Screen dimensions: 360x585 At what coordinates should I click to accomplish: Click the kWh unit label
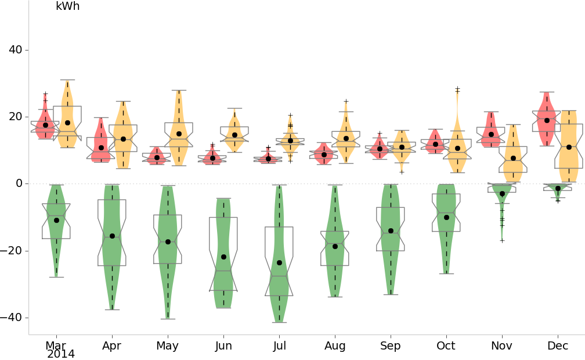67,7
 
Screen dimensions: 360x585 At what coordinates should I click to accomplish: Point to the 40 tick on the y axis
16,50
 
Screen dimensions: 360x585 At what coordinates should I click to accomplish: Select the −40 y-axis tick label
12,318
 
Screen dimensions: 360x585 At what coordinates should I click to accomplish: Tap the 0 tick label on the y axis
19,183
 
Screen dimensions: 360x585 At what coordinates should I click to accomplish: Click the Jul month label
279,346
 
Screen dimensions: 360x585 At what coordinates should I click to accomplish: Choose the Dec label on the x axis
558,346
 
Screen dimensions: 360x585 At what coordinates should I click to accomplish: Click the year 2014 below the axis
61,354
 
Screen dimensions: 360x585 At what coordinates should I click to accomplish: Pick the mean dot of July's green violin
279,263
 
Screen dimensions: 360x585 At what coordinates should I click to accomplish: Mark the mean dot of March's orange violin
67,123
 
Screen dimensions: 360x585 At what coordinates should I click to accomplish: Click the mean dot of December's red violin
547,120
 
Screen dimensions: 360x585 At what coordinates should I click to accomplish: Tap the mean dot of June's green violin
223,257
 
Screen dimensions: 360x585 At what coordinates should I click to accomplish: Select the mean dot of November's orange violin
513,158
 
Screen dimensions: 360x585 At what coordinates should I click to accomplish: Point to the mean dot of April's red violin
101,147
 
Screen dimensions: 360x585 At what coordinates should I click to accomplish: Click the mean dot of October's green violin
446,217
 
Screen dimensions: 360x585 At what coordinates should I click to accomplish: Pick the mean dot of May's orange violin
179,134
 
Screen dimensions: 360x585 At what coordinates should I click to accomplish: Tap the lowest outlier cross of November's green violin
502,240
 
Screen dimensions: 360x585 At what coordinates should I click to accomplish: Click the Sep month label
391,346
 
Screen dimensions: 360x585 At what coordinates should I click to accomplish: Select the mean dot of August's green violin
335,246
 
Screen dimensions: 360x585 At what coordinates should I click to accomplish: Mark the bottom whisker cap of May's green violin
168,319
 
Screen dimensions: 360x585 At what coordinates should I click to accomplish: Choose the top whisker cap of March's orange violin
67,80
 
